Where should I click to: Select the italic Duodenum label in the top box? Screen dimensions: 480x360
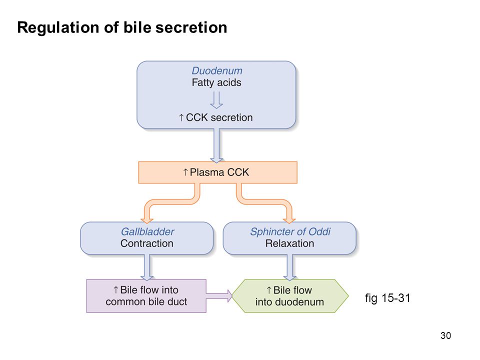(216, 70)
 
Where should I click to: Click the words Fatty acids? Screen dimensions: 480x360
(216, 82)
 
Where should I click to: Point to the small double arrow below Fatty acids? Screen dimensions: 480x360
(216, 100)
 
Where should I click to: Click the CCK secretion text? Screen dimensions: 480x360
(216, 117)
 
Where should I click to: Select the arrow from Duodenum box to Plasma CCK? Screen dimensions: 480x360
(216, 145)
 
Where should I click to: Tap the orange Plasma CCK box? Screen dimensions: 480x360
(217, 172)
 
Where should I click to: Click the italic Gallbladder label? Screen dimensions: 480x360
(147, 231)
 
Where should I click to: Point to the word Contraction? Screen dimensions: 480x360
(146, 243)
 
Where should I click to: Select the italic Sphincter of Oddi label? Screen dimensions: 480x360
(290, 231)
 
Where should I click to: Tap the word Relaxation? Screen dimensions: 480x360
(289, 243)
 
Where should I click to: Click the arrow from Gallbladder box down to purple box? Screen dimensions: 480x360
(147, 267)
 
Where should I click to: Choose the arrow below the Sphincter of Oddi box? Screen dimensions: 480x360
(289, 267)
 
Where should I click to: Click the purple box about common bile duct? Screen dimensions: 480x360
(146, 296)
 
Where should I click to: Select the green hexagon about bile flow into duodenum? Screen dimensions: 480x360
(290, 296)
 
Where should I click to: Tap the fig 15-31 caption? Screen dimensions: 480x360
(387, 298)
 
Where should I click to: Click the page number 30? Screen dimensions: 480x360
(445, 335)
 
